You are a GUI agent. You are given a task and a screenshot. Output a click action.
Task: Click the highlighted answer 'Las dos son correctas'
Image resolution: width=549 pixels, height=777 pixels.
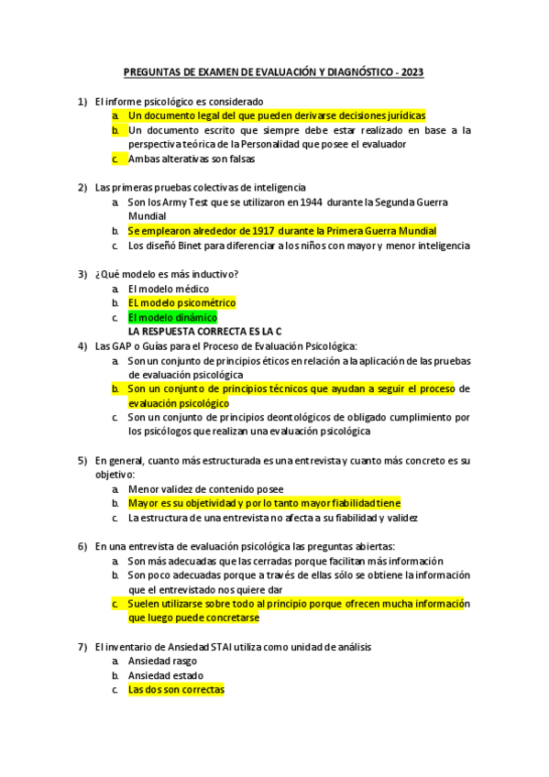[176, 689]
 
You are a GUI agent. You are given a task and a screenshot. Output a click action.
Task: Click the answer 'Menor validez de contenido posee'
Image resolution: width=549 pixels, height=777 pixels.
[205, 488]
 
